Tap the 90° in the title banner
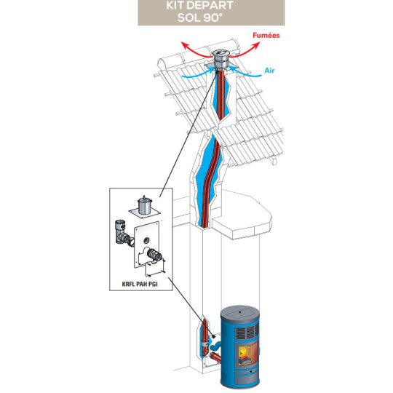click(212, 17)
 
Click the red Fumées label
click(266, 36)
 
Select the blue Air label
click(269, 71)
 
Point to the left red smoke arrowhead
click(184, 45)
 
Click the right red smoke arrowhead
click(257, 45)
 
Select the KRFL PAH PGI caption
click(140, 284)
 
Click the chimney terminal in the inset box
click(145, 207)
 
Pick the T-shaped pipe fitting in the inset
click(123, 233)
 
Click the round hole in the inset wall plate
click(146, 241)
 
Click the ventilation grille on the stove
click(247, 332)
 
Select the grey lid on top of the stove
click(240, 313)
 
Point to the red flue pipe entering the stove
click(216, 357)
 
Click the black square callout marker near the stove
click(213, 336)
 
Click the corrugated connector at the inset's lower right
click(154, 255)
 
